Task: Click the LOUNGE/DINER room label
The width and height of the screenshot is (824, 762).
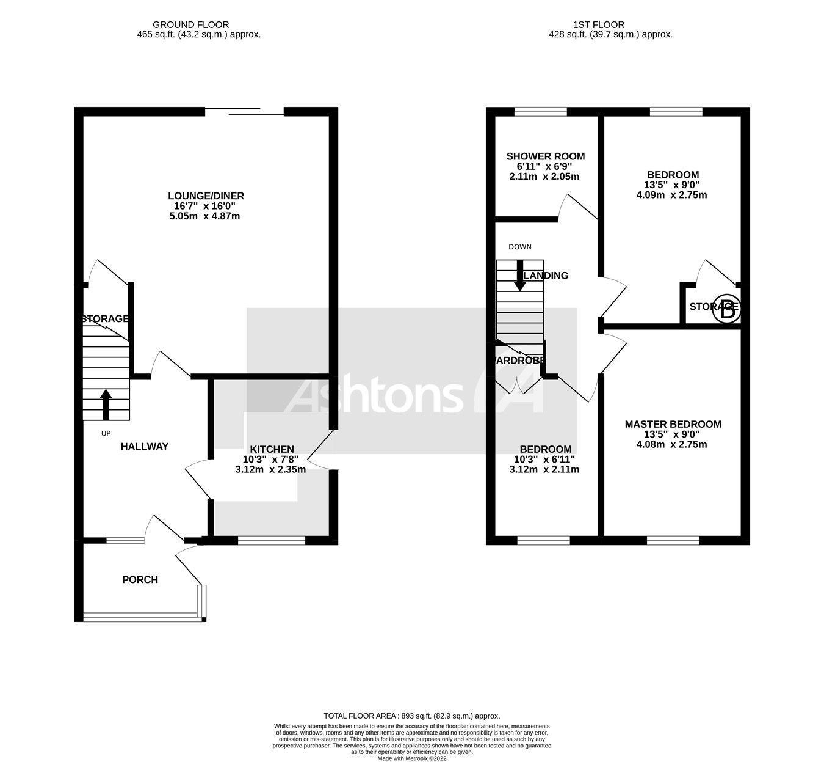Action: coord(206,196)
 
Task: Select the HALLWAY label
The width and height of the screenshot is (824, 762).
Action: coord(144,447)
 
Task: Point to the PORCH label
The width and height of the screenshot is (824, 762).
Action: coord(140,579)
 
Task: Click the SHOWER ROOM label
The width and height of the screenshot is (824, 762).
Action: coord(545,156)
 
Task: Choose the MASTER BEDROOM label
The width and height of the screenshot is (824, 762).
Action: coord(673,424)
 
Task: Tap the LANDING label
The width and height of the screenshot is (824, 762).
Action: coord(547,276)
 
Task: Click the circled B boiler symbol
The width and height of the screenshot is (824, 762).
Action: coord(727,309)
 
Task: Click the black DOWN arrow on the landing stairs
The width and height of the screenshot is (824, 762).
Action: coord(519,276)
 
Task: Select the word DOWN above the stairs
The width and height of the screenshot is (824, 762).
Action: coord(519,247)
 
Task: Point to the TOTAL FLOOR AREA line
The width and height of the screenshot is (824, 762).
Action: coord(411,716)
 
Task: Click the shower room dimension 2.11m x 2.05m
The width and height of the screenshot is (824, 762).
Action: coord(545,177)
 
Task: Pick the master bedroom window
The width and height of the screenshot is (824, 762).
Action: coord(673,540)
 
